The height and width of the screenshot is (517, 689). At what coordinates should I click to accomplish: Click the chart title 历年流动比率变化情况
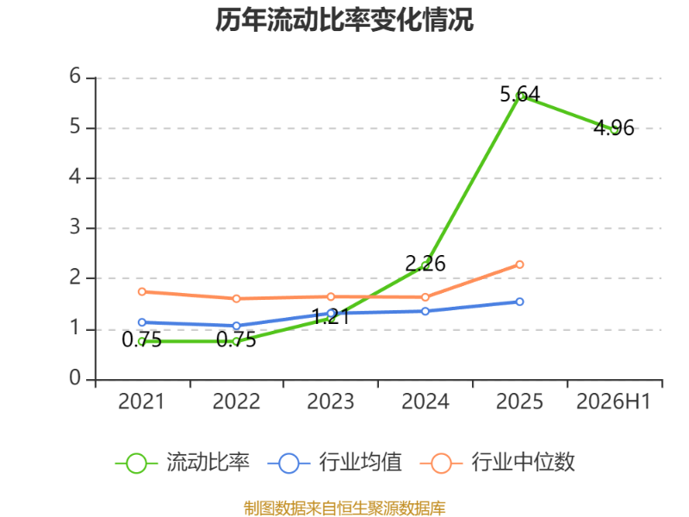(x=344, y=20)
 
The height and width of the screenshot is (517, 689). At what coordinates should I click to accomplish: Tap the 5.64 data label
(x=520, y=94)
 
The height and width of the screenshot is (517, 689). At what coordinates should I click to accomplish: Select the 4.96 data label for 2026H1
(x=614, y=128)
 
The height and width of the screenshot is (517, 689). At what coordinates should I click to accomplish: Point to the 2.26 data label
(x=425, y=264)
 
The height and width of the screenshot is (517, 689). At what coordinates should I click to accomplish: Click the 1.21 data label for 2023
(x=331, y=316)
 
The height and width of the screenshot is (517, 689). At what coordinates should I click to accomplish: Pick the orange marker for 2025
(x=519, y=265)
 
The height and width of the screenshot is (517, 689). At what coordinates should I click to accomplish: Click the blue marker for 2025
(x=519, y=302)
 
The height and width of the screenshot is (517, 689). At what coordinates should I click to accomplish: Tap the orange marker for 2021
(x=142, y=292)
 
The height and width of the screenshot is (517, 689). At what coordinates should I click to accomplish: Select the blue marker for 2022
(x=236, y=326)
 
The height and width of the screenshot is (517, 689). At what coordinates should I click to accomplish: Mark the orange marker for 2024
(x=425, y=297)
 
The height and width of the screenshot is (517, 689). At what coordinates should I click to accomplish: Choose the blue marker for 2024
(x=425, y=311)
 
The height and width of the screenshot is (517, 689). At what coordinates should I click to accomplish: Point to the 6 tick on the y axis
(x=75, y=77)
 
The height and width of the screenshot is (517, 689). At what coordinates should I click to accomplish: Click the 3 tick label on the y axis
(x=75, y=227)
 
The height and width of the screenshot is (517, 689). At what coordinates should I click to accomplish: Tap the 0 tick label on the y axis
(x=75, y=378)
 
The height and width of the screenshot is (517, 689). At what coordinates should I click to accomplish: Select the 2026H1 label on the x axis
(x=613, y=402)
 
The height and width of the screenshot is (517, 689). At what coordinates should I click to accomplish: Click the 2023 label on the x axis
(x=331, y=402)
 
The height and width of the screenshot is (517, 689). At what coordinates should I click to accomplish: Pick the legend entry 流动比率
(x=183, y=463)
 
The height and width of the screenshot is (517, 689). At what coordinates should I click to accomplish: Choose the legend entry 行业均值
(x=334, y=463)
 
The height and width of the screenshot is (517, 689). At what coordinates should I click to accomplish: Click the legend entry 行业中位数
(x=498, y=463)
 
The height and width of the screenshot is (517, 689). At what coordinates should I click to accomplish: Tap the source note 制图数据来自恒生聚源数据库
(x=344, y=508)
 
